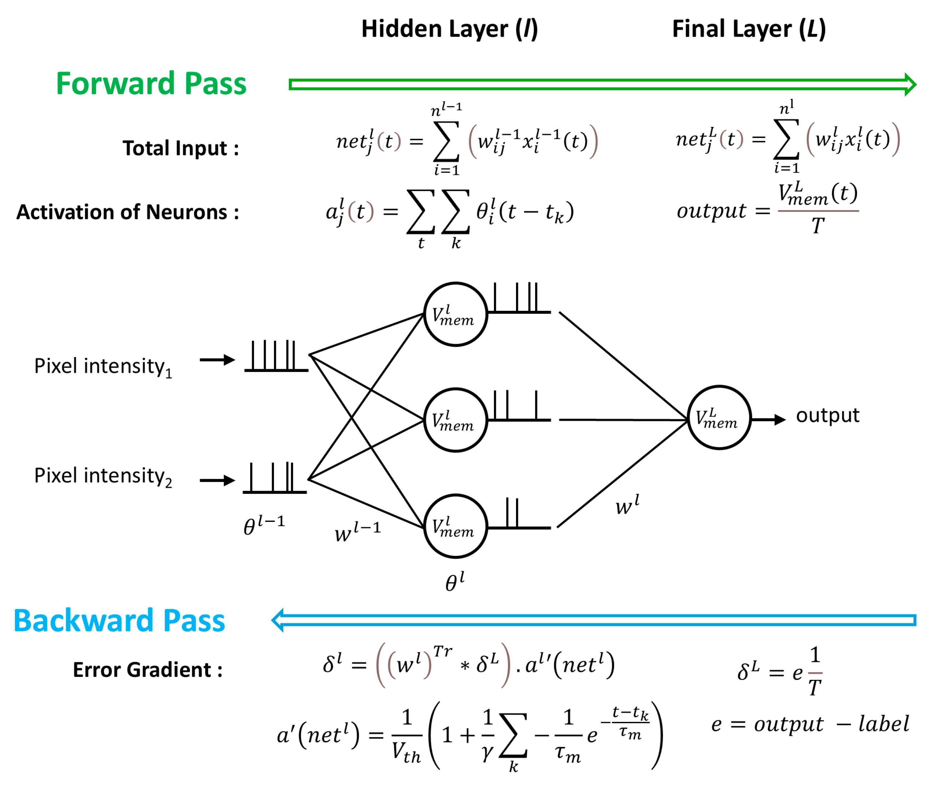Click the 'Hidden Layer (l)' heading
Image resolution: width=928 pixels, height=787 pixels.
tap(449, 29)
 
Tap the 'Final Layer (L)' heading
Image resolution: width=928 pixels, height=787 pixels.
tap(748, 29)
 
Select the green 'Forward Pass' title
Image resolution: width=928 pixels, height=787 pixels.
tap(151, 84)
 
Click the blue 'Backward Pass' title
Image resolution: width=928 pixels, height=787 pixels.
tap(119, 621)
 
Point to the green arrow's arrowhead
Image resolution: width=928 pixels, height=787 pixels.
tap(910, 84)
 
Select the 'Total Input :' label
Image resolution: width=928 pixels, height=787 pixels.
tap(181, 148)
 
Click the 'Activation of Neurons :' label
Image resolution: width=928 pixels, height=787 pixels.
tap(128, 212)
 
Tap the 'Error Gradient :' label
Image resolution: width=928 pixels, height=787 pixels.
tap(148, 670)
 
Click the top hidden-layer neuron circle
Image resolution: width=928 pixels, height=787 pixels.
tap(455, 314)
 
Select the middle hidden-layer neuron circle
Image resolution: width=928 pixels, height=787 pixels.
tap(455, 420)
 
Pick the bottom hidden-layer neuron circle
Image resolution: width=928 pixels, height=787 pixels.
tap(455, 526)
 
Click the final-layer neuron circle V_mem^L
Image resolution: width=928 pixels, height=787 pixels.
tap(719, 417)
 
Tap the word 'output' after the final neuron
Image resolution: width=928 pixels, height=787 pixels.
tap(827, 415)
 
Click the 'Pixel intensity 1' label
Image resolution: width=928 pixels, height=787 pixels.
tap(103, 367)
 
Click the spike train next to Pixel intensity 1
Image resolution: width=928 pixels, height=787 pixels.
tap(276, 357)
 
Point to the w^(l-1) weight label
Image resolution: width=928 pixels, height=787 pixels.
tap(357, 531)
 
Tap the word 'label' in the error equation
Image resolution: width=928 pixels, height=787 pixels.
tap(883, 723)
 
